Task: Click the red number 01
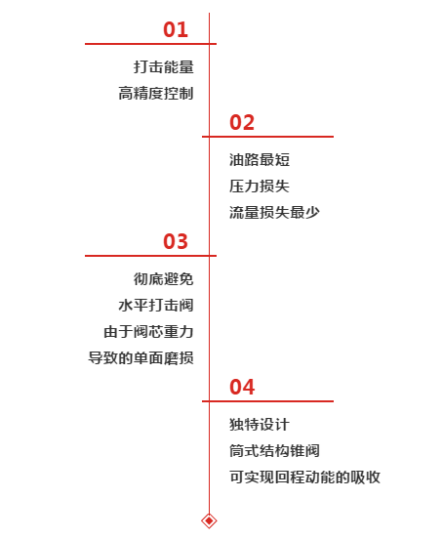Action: [x=176, y=29]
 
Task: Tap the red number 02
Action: [x=242, y=123]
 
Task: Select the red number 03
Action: [x=176, y=241]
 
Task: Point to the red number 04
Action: [x=242, y=387]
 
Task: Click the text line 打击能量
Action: [x=164, y=66]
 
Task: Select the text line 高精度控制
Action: [x=156, y=94]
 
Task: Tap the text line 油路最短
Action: [x=260, y=160]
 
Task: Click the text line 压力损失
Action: [x=260, y=187]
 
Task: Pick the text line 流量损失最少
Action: [x=274, y=213]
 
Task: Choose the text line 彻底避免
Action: [x=164, y=279]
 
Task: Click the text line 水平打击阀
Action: [x=156, y=306]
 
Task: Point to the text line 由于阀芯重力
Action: [x=148, y=332]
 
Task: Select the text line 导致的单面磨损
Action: [x=141, y=358]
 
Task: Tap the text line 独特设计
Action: [x=260, y=424]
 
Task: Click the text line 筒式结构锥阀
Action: [x=274, y=451]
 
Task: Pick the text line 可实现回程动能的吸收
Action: [x=304, y=478]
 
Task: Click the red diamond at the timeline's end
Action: [x=209, y=520]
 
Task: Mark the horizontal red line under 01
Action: [x=150, y=44]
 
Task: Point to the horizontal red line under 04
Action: [x=267, y=401]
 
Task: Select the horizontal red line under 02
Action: [x=267, y=137]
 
